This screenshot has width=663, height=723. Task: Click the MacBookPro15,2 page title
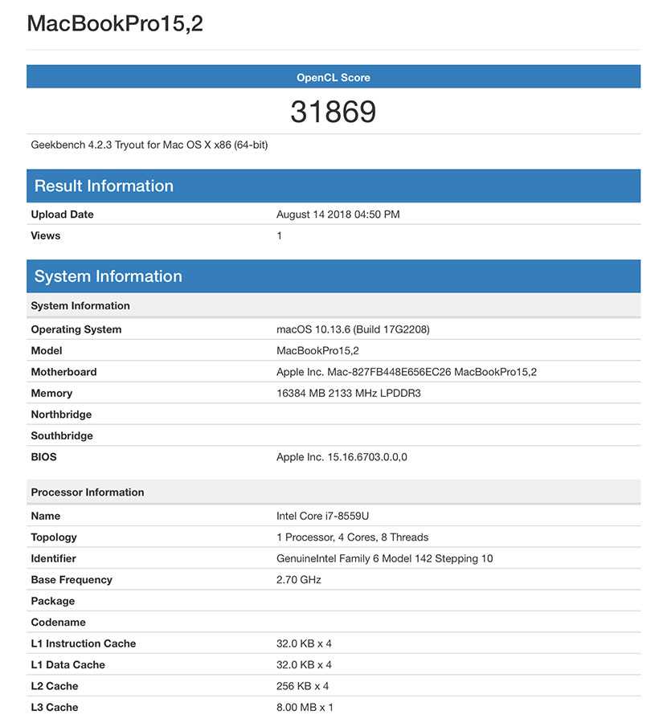tap(115, 23)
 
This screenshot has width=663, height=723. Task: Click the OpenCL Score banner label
tap(333, 77)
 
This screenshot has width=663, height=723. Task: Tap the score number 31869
tap(333, 112)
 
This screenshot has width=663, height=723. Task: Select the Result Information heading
tap(104, 186)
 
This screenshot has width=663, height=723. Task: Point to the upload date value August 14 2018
tap(338, 214)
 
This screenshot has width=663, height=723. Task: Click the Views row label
tap(46, 235)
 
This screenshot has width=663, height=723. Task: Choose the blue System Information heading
tap(108, 276)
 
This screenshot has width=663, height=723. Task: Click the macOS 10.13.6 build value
tap(358, 329)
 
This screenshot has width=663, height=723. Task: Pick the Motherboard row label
tap(63, 372)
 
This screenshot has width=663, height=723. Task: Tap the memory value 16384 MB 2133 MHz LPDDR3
tap(349, 393)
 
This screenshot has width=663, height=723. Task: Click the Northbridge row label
tap(61, 415)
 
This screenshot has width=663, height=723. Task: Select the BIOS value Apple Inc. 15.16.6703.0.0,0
tap(342, 457)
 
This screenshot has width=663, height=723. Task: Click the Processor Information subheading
tap(88, 492)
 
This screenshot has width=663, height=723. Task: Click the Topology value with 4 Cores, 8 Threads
tap(352, 537)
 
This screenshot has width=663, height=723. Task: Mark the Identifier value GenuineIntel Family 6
tap(384, 558)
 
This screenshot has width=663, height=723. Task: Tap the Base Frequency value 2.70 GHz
tap(298, 579)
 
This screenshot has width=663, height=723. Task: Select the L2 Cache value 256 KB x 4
tap(302, 686)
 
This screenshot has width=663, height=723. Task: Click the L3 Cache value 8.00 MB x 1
tap(305, 707)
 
